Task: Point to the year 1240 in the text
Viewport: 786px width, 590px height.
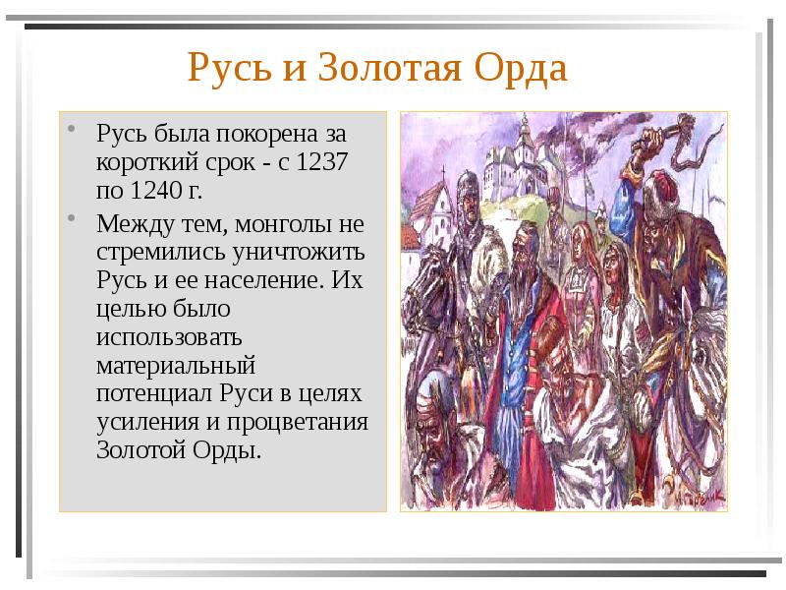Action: pos(151,190)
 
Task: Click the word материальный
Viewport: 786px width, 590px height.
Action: pos(176,366)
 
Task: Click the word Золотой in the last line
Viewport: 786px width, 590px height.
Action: pos(137,451)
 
